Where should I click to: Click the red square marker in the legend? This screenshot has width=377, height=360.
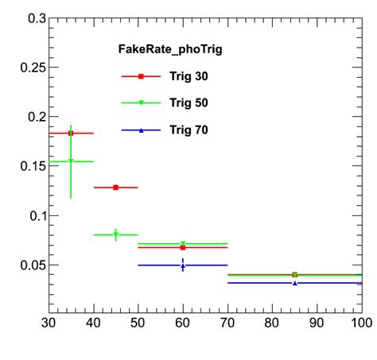click(141, 76)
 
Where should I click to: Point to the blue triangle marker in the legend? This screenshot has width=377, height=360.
click(141, 130)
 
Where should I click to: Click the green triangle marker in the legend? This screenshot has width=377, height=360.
click(141, 103)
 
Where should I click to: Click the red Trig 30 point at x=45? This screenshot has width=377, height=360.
click(115, 188)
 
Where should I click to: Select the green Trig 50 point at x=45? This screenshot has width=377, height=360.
click(115, 234)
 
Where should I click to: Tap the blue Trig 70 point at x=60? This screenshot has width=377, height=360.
click(183, 265)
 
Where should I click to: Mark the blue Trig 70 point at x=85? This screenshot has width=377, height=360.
click(294, 283)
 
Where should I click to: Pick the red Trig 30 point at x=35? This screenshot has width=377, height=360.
click(71, 134)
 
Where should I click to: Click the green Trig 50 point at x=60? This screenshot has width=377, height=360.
click(183, 244)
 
